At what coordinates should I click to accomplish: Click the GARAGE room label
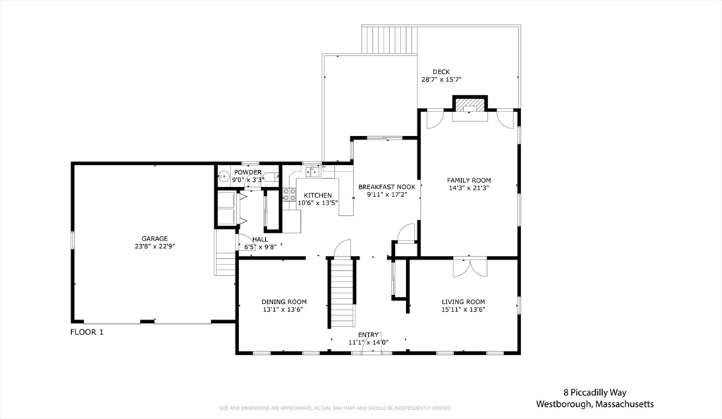pyautogui.click(x=154, y=238)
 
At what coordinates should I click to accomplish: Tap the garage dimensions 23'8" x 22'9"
pyautogui.click(x=154, y=247)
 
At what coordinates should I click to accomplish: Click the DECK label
pyautogui.click(x=441, y=71)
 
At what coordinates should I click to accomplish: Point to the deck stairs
pyautogui.click(x=389, y=40)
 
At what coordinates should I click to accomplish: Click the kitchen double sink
pyautogui.click(x=311, y=171)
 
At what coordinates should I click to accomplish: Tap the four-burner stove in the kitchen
pyautogui.click(x=289, y=195)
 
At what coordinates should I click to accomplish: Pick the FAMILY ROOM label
pyautogui.click(x=469, y=180)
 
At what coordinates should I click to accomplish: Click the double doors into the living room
pyautogui.click(x=470, y=267)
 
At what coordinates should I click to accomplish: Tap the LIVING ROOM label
pyautogui.click(x=463, y=301)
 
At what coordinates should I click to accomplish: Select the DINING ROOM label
pyautogui.click(x=283, y=301)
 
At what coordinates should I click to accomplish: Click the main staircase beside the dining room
pyautogui.click(x=342, y=292)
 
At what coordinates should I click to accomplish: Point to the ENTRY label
pyautogui.click(x=368, y=335)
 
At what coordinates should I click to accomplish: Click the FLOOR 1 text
pyautogui.click(x=87, y=332)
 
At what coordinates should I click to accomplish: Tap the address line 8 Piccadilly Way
pyautogui.click(x=594, y=392)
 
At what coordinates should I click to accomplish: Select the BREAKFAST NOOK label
pyautogui.click(x=386, y=187)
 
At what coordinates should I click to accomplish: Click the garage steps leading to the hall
pyautogui.click(x=225, y=261)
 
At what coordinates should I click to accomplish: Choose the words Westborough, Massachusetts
pyautogui.click(x=594, y=404)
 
